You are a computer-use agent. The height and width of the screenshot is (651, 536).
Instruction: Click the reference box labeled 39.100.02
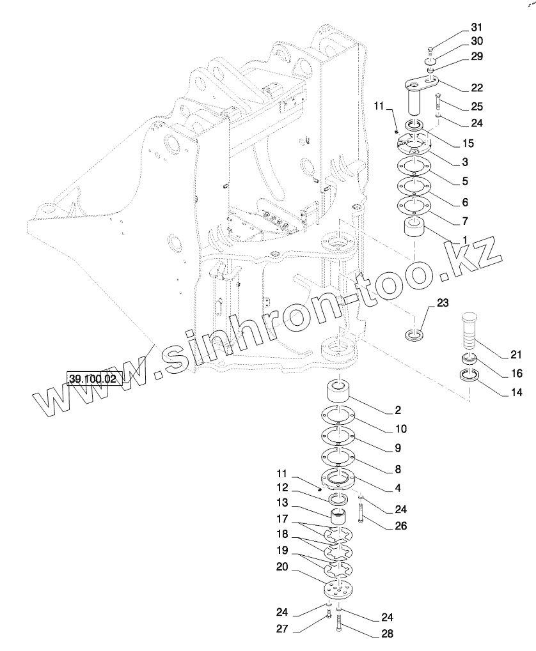(x=93, y=379)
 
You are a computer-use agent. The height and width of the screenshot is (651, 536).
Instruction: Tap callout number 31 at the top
(x=477, y=27)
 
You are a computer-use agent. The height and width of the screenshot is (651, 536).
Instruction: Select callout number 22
(x=477, y=88)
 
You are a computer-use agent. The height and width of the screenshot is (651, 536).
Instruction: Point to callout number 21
(x=516, y=355)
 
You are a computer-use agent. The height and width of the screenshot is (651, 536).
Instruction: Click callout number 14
(x=516, y=393)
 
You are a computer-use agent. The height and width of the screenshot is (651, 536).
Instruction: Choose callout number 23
(x=444, y=303)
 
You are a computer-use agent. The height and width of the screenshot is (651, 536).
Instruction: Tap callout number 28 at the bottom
(x=387, y=634)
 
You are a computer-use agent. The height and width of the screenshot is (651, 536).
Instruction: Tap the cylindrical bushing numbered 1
(x=414, y=229)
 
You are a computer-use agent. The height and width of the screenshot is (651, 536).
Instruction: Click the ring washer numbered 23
(x=415, y=334)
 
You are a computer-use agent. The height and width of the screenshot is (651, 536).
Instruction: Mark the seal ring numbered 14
(x=471, y=376)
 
